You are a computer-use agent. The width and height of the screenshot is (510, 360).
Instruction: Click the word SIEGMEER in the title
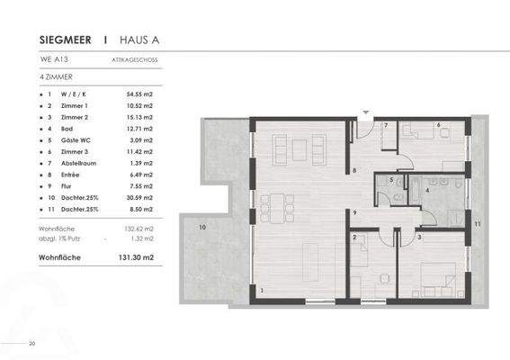67,40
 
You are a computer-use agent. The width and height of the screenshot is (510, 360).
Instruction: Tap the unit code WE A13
52,61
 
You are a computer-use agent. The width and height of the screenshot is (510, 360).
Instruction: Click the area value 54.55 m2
138,94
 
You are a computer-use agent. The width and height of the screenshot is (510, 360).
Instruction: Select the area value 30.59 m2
138,197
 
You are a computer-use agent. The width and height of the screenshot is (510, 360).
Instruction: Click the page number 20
32,342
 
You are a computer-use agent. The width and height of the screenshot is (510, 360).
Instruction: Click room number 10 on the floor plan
202,228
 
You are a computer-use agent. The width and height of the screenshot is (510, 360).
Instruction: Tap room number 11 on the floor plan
478,223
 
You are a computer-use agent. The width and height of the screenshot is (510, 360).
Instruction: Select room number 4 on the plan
425,190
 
